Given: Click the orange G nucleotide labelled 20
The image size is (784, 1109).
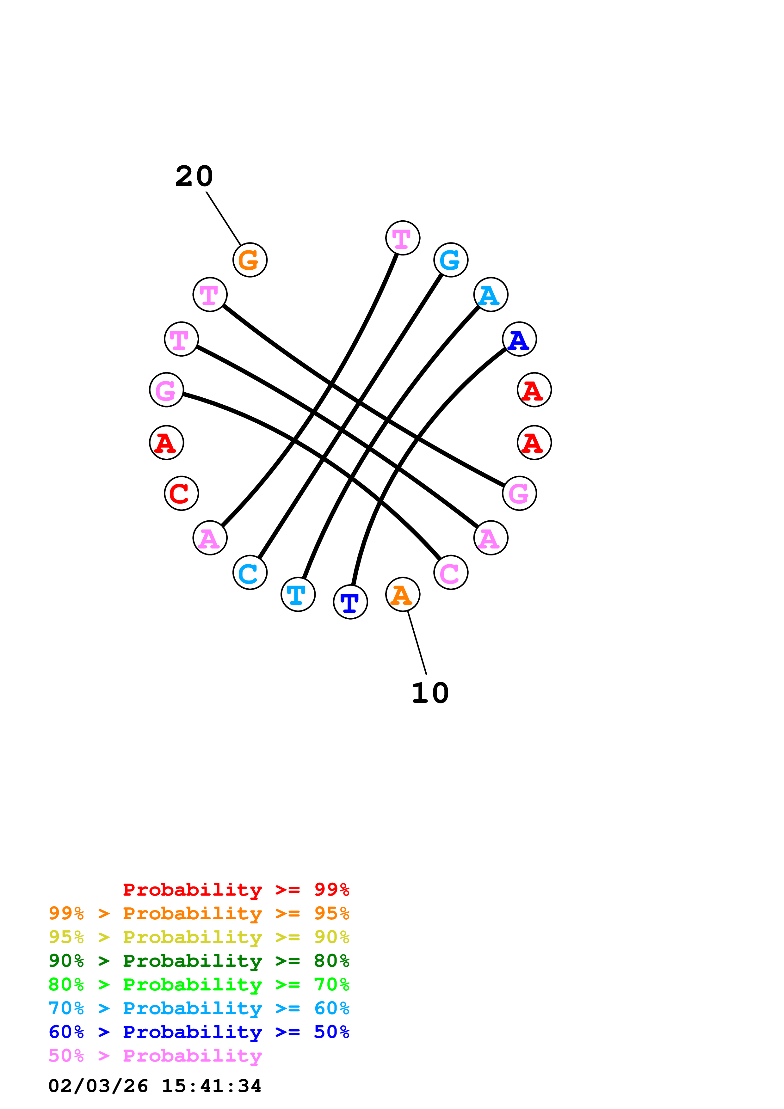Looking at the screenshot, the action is pyautogui.click(x=250, y=260).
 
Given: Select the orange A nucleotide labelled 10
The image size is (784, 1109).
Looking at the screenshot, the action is pyautogui.click(x=402, y=594).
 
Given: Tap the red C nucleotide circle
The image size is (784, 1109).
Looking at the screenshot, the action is pyautogui.click(x=181, y=493).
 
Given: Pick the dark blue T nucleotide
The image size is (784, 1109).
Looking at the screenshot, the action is pyautogui.click(x=350, y=602).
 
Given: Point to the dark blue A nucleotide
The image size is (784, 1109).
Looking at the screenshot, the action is pyautogui.click(x=519, y=339).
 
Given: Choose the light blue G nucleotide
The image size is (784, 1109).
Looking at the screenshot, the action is pyautogui.click(x=451, y=260).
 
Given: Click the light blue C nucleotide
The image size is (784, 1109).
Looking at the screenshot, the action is pyautogui.click(x=250, y=573).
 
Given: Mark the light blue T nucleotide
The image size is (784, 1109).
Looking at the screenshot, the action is pyautogui.click(x=298, y=594).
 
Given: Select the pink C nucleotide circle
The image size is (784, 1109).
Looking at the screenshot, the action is pyautogui.click(x=451, y=573).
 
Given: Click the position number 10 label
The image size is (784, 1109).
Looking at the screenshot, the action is pyautogui.click(x=430, y=693).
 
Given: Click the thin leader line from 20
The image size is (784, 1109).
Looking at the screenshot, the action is pyautogui.click(x=223, y=218).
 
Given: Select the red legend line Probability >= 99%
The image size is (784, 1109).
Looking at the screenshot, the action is pyautogui.click(x=236, y=889).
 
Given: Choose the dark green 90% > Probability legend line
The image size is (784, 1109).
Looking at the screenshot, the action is pyautogui.click(x=199, y=961).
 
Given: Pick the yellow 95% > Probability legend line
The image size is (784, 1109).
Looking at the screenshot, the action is pyautogui.click(x=199, y=937).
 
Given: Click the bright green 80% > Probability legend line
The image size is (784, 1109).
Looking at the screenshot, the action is pyautogui.click(x=199, y=984).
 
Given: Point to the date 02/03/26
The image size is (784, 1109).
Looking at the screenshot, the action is pyautogui.click(x=98, y=1086).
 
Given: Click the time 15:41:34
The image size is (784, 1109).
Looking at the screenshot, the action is pyautogui.click(x=211, y=1086).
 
